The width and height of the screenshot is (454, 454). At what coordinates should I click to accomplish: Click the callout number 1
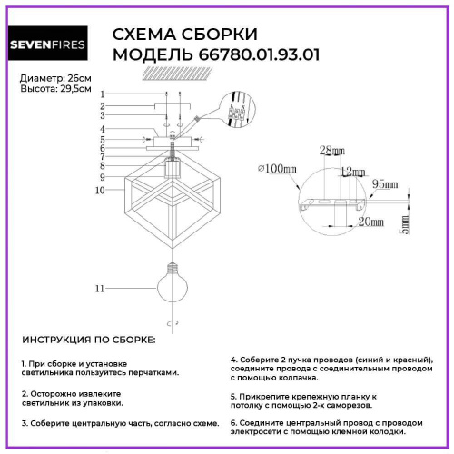tap(103, 94)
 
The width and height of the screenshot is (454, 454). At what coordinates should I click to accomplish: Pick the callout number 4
tap(103, 129)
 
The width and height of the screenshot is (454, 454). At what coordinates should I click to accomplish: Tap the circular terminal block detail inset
tap(239, 108)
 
